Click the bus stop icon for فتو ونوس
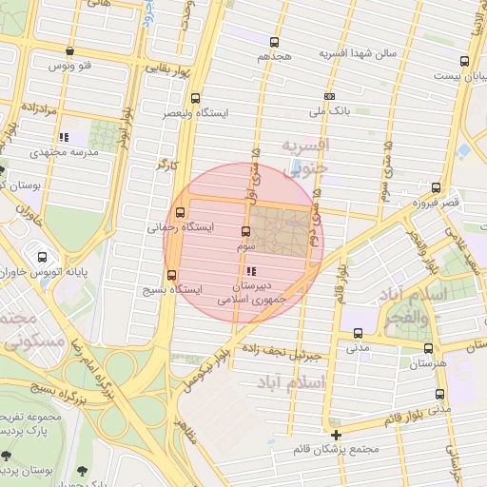click(69, 51)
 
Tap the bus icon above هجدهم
click(275, 42)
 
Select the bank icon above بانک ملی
click(330, 96)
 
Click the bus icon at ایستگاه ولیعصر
click(196, 98)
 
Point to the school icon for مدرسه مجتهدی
click(63, 137)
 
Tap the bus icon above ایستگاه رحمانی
click(181, 213)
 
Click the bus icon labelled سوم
click(246, 231)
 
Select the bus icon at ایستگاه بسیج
click(171, 275)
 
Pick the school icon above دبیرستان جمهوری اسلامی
click(250, 272)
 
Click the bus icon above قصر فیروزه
click(436, 187)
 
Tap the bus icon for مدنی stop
click(358, 333)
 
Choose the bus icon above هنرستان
click(428, 348)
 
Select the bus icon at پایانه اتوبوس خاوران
click(42, 256)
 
